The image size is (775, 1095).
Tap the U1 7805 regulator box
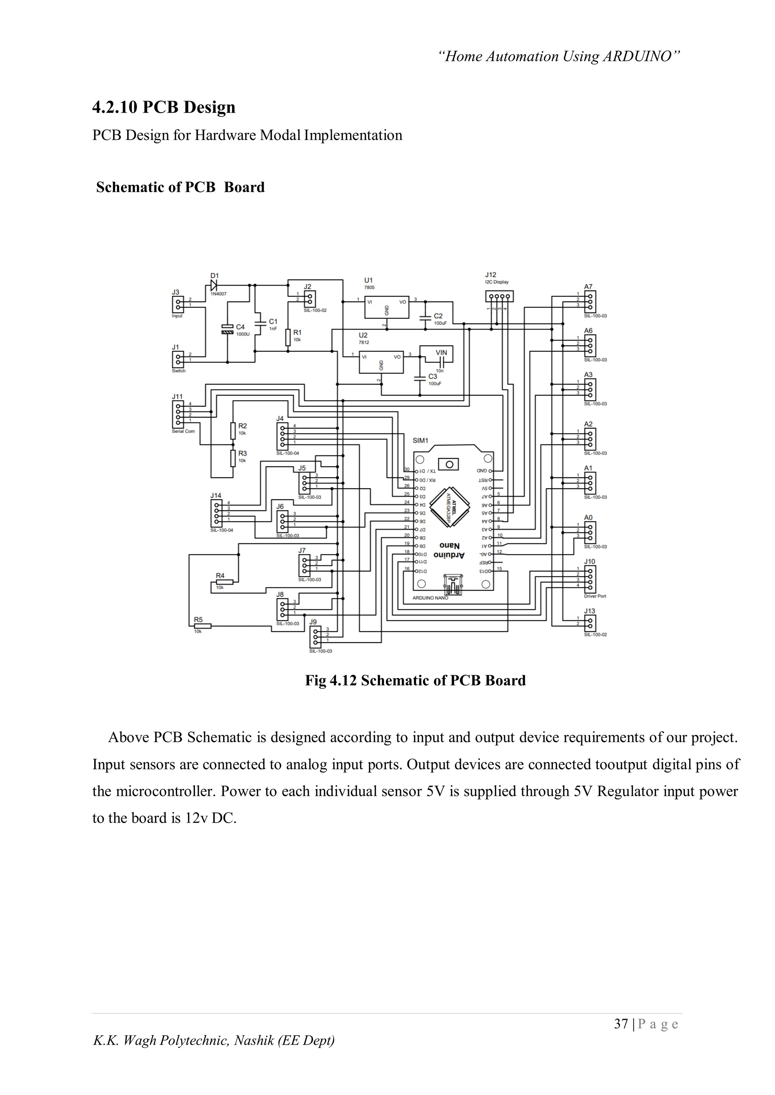click(x=386, y=307)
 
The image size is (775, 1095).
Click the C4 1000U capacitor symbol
click(x=227, y=329)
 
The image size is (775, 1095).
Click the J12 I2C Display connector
click(x=499, y=297)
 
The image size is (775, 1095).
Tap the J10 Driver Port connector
click(x=590, y=578)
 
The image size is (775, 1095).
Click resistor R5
click(x=202, y=626)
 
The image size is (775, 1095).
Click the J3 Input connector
click(x=177, y=303)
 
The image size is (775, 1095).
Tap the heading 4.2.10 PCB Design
click(x=164, y=107)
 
